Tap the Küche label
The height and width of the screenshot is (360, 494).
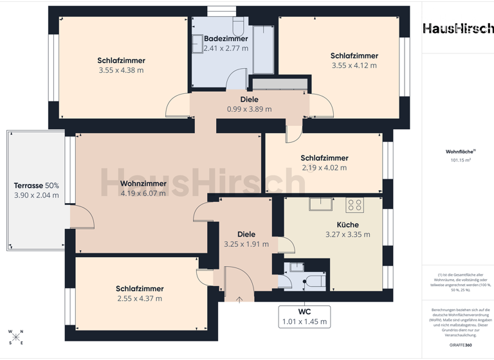pyautogui.click(x=347, y=224)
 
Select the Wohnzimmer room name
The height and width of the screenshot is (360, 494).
pyautogui.click(x=143, y=183)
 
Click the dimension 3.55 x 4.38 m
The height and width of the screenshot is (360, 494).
pyautogui.click(x=121, y=71)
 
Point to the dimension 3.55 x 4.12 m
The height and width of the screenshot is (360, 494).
pyautogui.click(x=354, y=66)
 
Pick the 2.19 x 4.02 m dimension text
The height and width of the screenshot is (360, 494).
pyautogui.click(x=324, y=168)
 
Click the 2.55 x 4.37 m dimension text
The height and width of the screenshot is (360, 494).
pyautogui.click(x=140, y=298)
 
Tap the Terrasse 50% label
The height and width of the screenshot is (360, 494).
pyautogui.click(x=36, y=185)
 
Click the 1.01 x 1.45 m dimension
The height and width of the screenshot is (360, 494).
pyautogui.click(x=304, y=321)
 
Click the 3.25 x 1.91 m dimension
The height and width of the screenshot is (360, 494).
pyautogui.click(x=246, y=244)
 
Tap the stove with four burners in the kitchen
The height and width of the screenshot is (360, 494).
pyautogui.click(x=355, y=205)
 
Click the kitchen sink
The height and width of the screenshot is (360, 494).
pyautogui.click(x=320, y=204)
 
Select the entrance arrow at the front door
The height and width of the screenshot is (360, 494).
pyautogui.click(x=239, y=298)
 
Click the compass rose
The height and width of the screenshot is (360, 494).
pyautogui.click(x=15, y=337)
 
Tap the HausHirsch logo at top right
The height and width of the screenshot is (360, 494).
pyautogui.click(x=458, y=28)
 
